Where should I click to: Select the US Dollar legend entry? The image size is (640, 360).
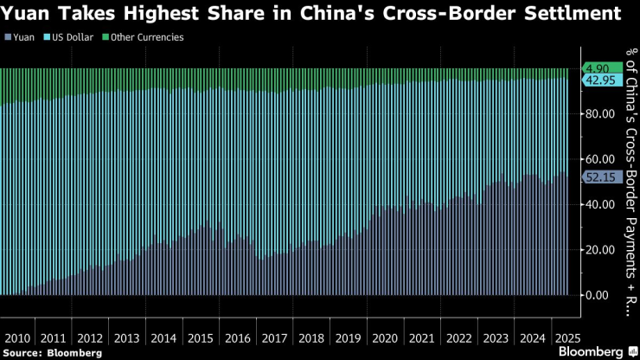(x=71, y=37)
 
